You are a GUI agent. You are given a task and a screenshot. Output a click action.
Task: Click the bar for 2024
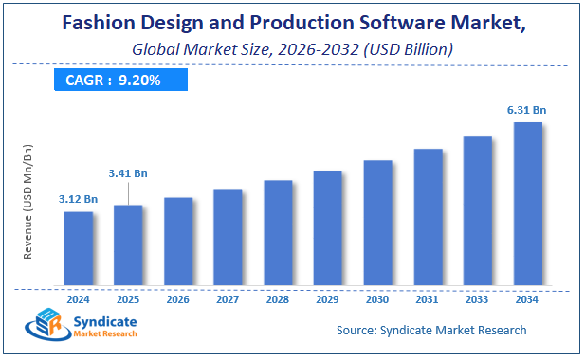click(x=79, y=247)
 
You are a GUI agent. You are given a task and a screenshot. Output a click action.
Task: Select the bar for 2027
click(x=228, y=237)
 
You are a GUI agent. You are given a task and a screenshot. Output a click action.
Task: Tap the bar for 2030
click(x=377, y=222)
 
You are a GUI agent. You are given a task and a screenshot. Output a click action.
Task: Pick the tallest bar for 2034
click(x=527, y=203)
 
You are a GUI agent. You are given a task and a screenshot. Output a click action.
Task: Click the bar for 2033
click(x=477, y=210)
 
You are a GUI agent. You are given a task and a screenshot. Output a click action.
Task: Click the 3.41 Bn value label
click(x=128, y=173)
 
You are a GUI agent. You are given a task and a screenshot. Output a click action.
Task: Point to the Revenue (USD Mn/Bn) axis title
click(x=27, y=203)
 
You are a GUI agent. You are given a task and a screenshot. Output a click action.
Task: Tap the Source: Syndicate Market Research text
click(x=431, y=330)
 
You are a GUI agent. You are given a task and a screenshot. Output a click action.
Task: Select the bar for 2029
click(x=327, y=227)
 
